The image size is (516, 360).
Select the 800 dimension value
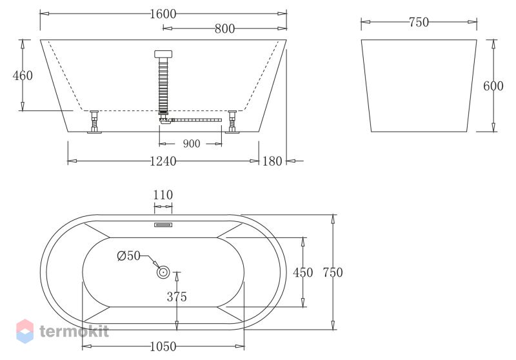tap(224, 28)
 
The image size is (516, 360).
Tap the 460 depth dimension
tap(23, 75)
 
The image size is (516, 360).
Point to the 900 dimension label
tap(191, 144)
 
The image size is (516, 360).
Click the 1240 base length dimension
tap(163, 161)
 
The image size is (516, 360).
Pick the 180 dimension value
tap(272, 161)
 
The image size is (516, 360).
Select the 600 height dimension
tap(493, 86)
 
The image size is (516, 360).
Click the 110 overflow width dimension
tap(163, 195)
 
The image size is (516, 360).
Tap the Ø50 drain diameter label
tap(128, 255)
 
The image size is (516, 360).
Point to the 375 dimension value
tap(177, 297)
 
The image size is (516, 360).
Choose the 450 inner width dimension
tap(303, 272)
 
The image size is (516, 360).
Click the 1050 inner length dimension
tap(163, 347)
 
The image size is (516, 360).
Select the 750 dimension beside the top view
tap(332, 272)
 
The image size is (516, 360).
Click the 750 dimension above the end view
tap(419, 23)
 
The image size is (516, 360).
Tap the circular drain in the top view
tap(163, 273)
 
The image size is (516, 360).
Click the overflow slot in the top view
tap(163, 225)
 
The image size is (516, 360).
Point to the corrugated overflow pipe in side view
tap(163, 84)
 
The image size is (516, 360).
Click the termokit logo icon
tap(25, 330)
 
